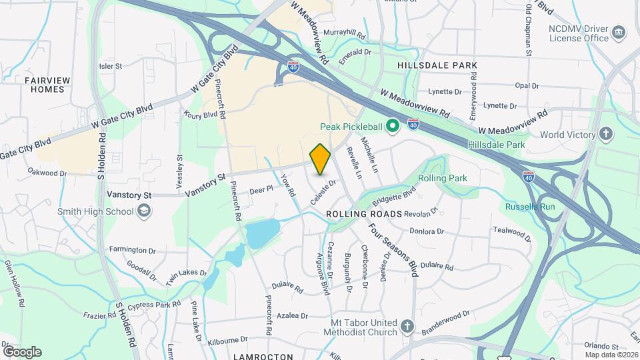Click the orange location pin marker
click(321, 159)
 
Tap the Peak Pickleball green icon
click(393, 125)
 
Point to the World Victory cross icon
click(607, 134)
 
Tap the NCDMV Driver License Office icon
click(619, 33)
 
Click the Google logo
click(21, 351)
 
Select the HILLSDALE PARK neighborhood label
click(437, 65)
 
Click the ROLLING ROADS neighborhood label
click(364, 214)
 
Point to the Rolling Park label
click(443, 178)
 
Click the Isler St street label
click(111, 66)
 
